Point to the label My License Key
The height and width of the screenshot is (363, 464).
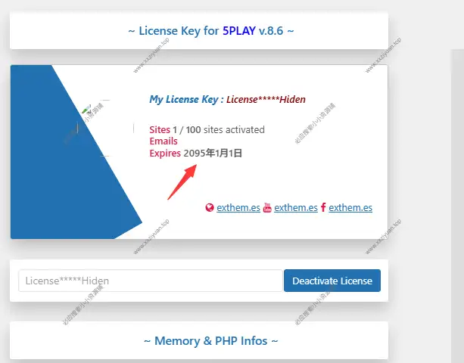(x=185, y=99)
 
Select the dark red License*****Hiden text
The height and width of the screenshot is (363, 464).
(x=266, y=99)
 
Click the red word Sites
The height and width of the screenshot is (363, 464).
(x=160, y=130)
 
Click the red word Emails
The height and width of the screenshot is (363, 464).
(x=163, y=141)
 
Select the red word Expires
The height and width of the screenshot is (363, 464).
(x=165, y=153)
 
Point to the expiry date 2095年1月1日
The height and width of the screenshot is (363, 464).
(x=213, y=153)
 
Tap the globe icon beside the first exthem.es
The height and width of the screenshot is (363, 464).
(x=210, y=208)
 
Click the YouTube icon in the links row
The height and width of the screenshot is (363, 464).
(x=267, y=208)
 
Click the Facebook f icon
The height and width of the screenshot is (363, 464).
(x=323, y=208)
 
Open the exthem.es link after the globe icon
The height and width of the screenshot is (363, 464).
(x=238, y=208)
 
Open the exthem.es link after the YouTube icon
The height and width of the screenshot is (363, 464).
(x=295, y=208)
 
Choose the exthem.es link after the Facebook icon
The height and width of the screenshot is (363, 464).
(x=350, y=208)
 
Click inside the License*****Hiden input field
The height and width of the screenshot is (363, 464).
(x=150, y=281)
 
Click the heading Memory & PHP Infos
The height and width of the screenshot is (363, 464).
(x=210, y=341)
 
